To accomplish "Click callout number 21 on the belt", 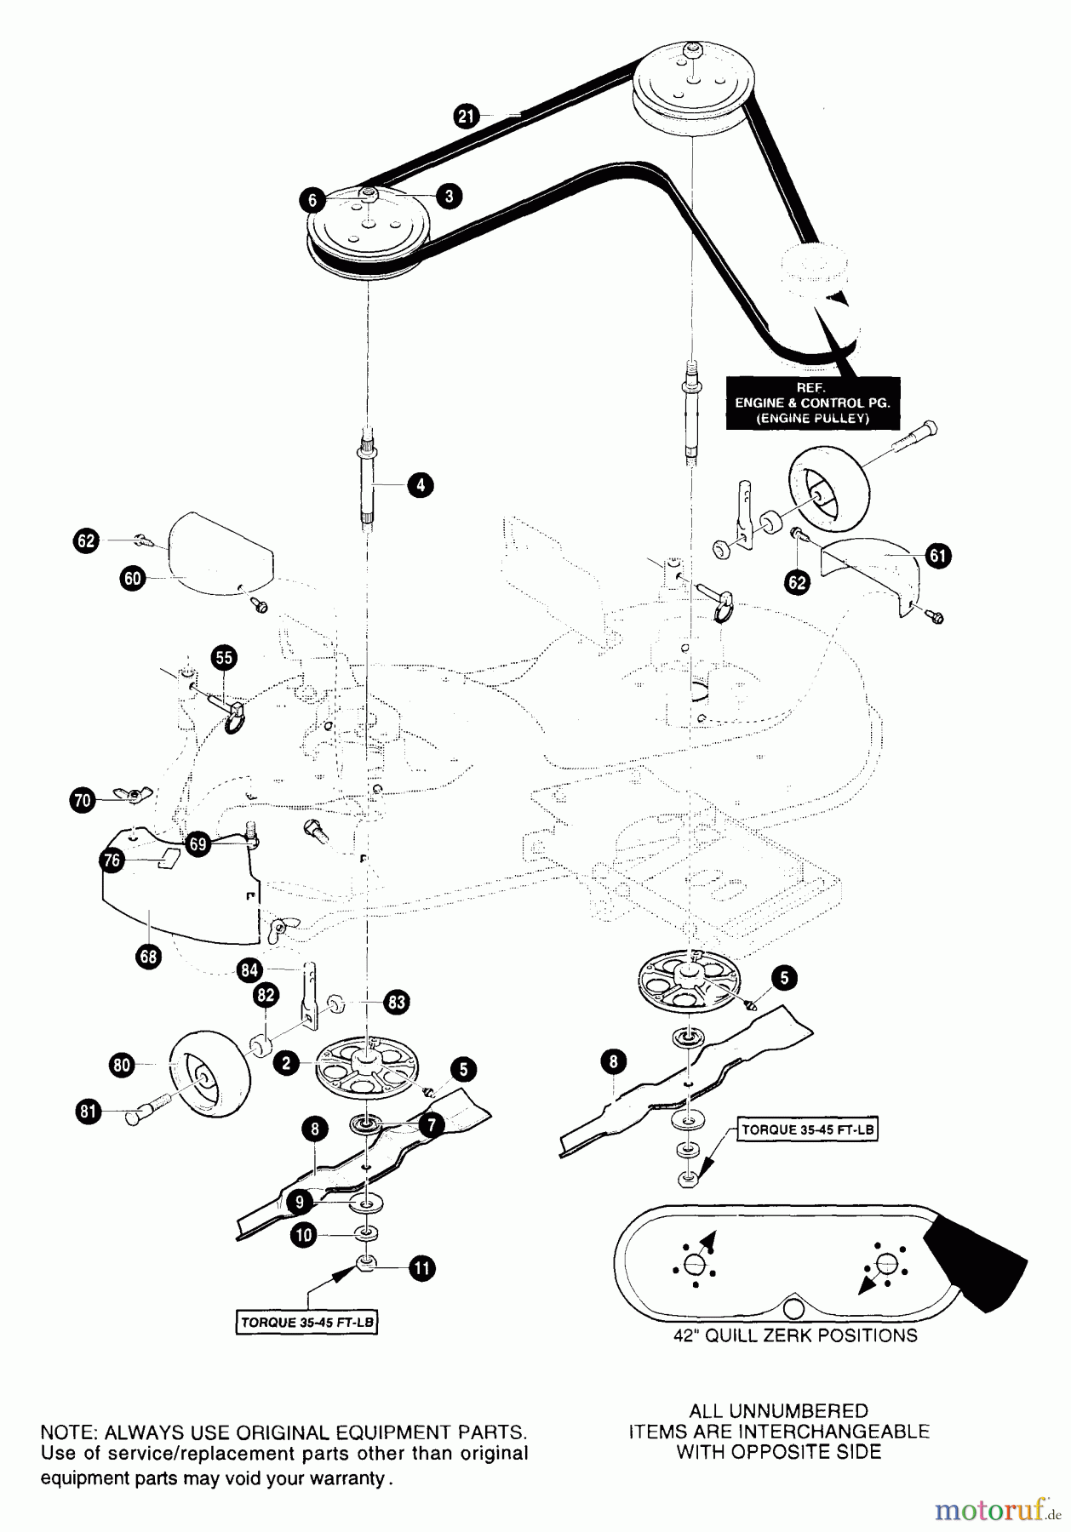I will coord(467,116).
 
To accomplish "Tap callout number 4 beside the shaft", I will coord(420,485).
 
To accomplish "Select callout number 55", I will coord(224,657).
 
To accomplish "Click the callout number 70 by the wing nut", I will coord(83,800).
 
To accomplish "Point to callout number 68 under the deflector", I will coord(148,956).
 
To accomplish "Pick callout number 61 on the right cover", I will coord(937,556).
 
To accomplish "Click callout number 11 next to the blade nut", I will coord(421,1269).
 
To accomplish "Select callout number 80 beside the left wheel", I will coord(122,1065).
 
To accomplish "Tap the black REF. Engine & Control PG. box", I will coord(812,403).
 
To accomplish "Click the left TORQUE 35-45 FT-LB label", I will coord(306,1322).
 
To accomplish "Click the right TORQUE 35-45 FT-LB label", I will coord(807,1130).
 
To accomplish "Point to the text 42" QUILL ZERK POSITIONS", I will coord(795,1335).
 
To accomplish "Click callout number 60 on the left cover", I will coord(133,580).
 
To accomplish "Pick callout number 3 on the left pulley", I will coord(449,196).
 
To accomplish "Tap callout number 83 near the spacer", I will coord(397,1002).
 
